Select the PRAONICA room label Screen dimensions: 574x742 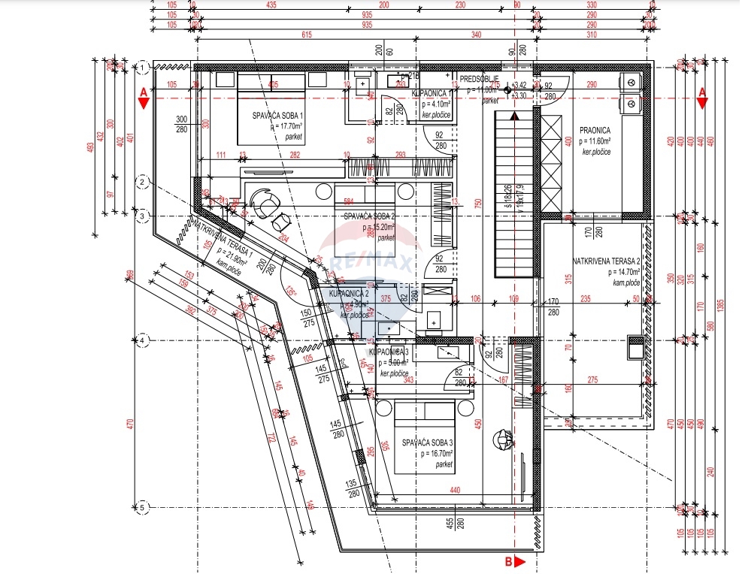(595, 130)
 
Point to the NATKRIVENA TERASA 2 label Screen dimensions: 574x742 (606, 261)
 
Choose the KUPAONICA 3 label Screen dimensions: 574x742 (389, 352)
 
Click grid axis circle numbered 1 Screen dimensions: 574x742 (141, 68)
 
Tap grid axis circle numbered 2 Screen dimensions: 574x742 (141, 181)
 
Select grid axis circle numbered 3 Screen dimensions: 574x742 (141, 216)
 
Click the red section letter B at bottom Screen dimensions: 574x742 (508, 560)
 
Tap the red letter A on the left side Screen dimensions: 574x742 (141, 92)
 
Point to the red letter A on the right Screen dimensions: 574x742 (702, 92)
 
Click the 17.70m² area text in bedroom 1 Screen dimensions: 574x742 (286, 127)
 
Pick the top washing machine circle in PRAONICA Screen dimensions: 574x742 (631, 81)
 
